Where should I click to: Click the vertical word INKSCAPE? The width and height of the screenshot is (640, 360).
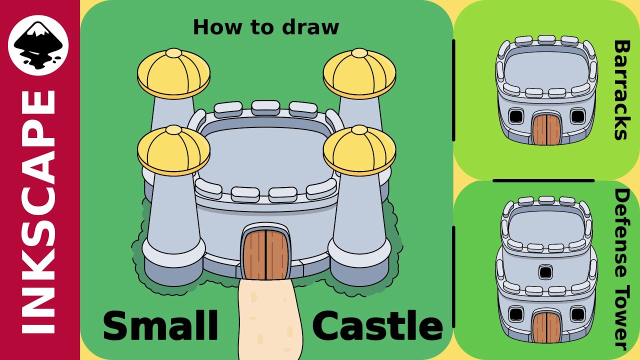(x=39, y=212)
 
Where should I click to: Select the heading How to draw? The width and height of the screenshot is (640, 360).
(x=265, y=27)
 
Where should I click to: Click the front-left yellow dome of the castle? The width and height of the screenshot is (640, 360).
(x=173, y=150)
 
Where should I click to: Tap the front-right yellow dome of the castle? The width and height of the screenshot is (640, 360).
(x=359, y=150)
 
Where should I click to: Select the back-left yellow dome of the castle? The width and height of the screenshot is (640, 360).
(x=173, y=72)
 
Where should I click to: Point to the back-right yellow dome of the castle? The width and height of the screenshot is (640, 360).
(x=359, y=72)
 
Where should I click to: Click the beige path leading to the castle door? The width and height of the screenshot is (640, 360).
(x=270, y=320)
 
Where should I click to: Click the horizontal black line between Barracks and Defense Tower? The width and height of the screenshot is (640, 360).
(x=543, y=180)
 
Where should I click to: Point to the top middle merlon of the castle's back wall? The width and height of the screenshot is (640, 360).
(x=265, y=106)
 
